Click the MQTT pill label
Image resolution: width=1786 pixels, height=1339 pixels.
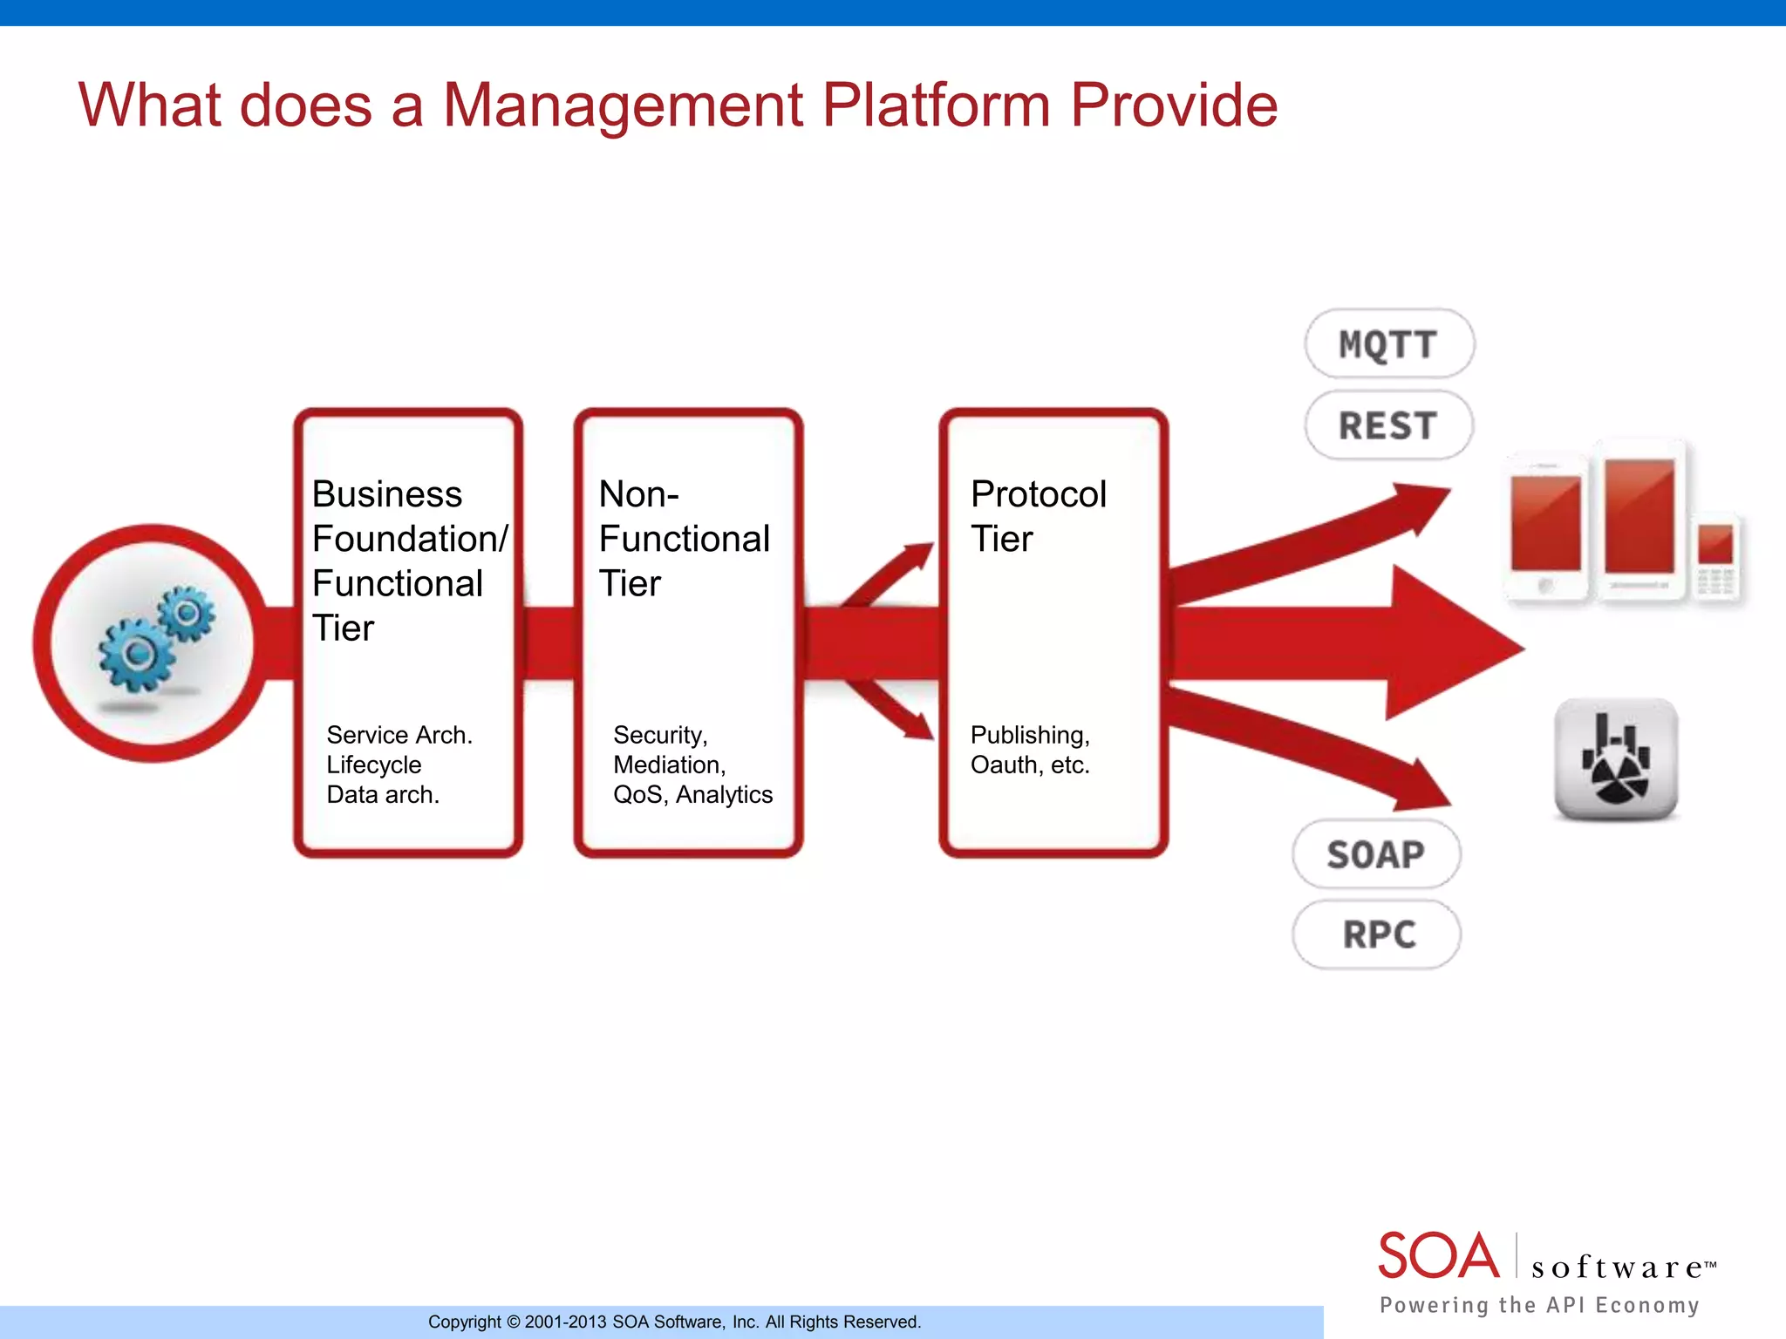1388,344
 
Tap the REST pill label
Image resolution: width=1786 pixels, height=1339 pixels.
1388,425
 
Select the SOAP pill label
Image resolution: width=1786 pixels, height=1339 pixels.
1375,854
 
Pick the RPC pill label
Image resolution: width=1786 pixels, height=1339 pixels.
1378,935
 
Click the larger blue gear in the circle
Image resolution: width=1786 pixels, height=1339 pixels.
136,655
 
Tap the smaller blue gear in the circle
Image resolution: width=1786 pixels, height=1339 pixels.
187,614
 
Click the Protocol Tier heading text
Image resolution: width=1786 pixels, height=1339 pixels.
1038,516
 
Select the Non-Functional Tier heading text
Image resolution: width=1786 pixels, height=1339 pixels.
684,539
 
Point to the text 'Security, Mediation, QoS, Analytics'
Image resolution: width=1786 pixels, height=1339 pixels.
692,765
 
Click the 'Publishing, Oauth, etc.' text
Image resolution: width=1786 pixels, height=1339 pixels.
1030,750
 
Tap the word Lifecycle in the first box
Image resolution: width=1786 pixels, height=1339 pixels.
373,765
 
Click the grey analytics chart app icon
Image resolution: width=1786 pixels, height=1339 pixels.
1616,759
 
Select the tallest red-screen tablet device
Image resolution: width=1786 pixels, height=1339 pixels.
1639,521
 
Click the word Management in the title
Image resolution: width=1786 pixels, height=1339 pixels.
623,105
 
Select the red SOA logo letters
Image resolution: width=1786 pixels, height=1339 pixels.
1439,1256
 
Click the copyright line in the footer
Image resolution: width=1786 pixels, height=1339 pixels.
674,1322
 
